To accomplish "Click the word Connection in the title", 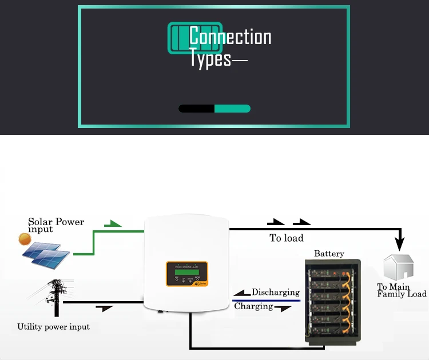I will pyautogui.click(x=230, y=37).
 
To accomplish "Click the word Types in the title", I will pyautogui.click(x=210, y=59).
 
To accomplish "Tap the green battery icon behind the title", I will pyautogui.click(x=178, y=38).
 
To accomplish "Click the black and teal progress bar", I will pyautogui.click(x=214, y=109).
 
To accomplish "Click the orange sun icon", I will pyautogui.click(x=24, y=239).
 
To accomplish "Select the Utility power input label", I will pyautogui.click(x=53, y=327).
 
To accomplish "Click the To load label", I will pyautogui.click(x=287, y=238).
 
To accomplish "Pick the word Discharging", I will pyautogui.click(x=276, y=292).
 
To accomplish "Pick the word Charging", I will pyautogui.click(x=253, y=306).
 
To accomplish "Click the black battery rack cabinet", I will pyautogui.click(x=332, y=302).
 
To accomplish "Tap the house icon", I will pyautogui.click(x=399, y=267).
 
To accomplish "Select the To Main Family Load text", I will pyautogui.click(x=402, y=290).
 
